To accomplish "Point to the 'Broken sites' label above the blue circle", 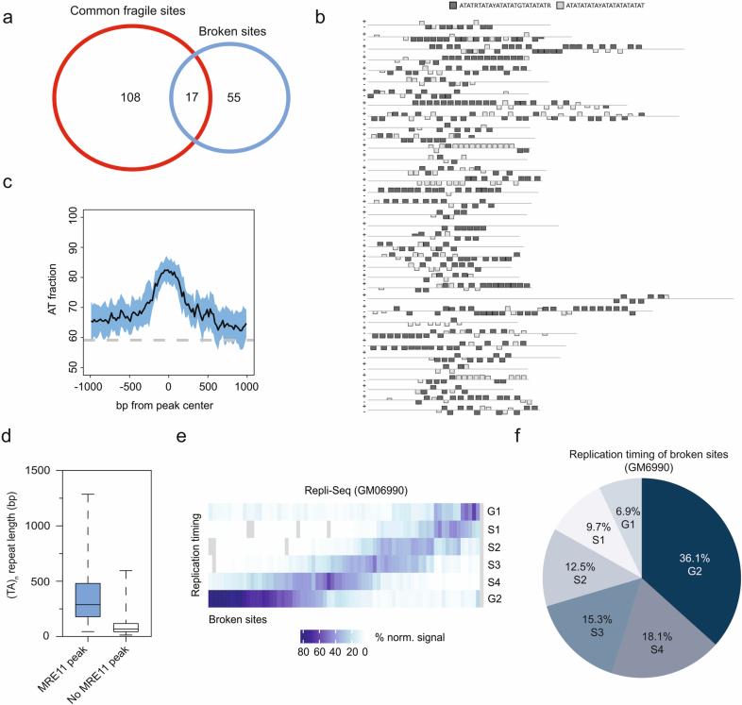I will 230,31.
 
